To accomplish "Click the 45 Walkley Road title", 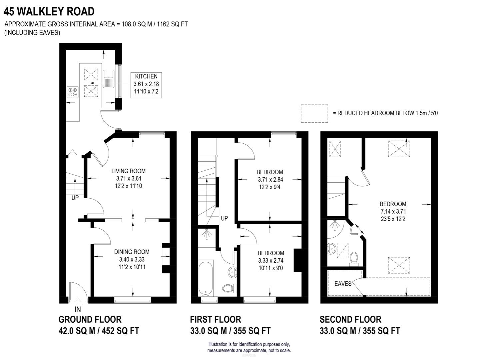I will (x=49, y=11).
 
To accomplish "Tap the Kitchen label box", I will (x=146, y=85).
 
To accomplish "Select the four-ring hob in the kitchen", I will (x=73, y=92).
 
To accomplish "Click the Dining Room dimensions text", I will (x=132, y=263).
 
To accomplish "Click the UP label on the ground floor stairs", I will (x=75, y=198).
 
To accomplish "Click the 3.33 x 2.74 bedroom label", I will (x=270, y=260).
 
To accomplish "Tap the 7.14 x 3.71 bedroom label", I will (x=393, y=211).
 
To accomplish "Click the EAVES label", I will (x=343, y=284).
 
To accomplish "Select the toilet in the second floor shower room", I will (x=354, y=259).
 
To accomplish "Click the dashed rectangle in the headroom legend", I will (x=314, y=113).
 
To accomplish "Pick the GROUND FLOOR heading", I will (x=90, y=319).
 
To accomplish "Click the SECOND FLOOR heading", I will (x=350, y=319).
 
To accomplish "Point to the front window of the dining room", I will (x=132, y=300).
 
